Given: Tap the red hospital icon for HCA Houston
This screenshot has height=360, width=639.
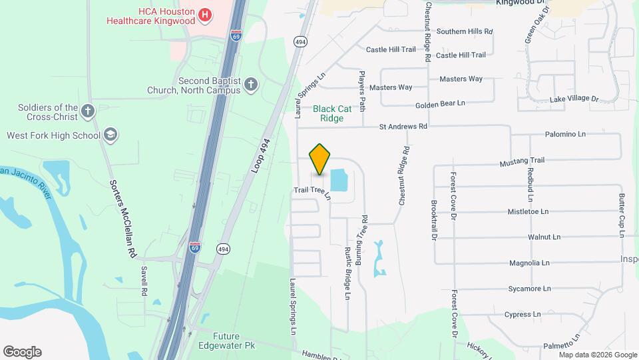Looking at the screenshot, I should (x=206, y=14).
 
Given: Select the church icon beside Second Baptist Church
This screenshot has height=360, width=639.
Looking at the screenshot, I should (x=250, y=84).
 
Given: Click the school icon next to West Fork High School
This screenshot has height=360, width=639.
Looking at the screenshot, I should (x=110, y=135).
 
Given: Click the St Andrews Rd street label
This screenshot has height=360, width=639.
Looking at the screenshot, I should (x=403, y=125).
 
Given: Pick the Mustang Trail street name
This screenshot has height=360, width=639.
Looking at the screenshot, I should (x=523, y=161).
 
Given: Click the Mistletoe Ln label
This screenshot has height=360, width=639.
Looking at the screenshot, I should (x=529, y=211).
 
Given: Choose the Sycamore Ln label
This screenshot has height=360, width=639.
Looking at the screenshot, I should (x=529, y=289).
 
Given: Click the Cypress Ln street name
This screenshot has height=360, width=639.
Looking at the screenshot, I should (x=522, y=314).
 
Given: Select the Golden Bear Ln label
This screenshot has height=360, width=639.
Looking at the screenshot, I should (x=440, y=103).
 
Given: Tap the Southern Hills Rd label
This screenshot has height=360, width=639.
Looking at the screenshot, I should (x=464, y=31).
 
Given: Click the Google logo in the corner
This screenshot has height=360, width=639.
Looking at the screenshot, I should (x=22, y=352).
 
